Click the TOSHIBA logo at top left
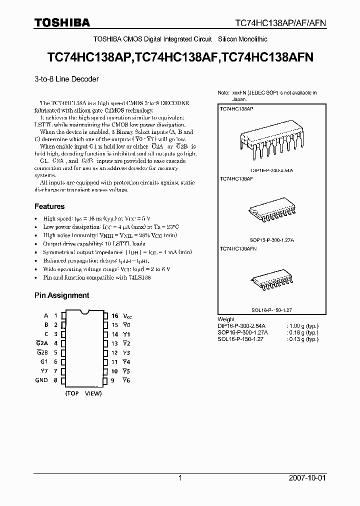click(x=62, y=22)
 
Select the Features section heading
click(x=49, y=206)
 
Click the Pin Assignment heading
click(x=61, y=295)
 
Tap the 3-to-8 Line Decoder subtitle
click(x=66, y=79)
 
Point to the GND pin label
click(x=41, y=380)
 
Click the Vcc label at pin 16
click(x=128, y=316)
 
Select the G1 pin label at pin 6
click(x=44, y=362)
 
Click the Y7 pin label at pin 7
click(x=44, y=371)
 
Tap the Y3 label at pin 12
click(x=126, y=353)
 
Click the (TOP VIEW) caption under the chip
click(x=83, y=393)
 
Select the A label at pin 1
click(x=46, y=316)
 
